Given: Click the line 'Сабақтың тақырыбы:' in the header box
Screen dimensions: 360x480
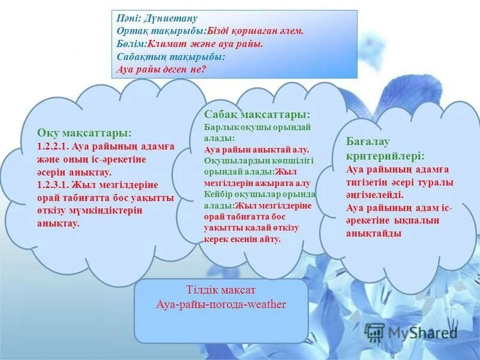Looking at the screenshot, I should pyautogui.click(x=171, y=56).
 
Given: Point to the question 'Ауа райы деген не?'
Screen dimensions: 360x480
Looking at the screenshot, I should pyautogui.click(x=161, y=69).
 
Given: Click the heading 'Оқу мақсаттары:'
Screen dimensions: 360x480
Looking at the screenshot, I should pyautogui.click(x=84, y=133).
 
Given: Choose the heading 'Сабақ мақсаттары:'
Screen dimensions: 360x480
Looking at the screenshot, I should pyautogui.click(x=257, y=114).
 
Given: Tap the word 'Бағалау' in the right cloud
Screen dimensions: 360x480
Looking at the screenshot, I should pyautogui.click(x=368, y=141).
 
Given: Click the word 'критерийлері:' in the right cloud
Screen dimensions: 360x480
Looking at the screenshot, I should pyautogui.click(x=385, y=155).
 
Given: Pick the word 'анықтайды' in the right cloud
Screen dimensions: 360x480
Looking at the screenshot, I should pyautogui.click(x=374, y=233).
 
